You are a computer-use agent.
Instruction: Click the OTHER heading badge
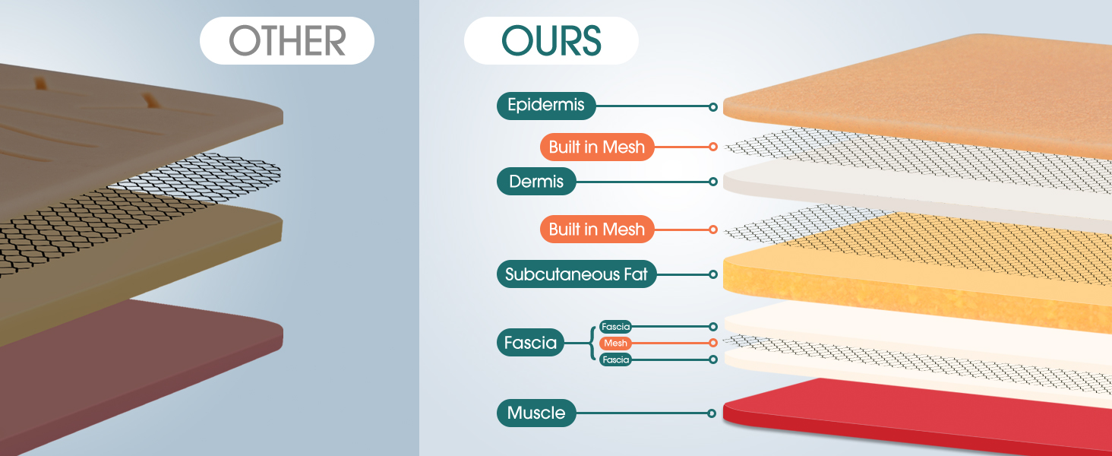[287, 40]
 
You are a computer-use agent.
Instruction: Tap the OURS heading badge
[551, 40]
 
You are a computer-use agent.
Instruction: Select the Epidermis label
[546, 106]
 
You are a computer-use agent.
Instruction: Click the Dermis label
[536, 182]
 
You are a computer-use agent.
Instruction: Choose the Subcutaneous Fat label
[577, 274]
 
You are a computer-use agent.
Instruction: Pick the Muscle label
[536, 413]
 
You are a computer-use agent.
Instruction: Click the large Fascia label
[530, 343]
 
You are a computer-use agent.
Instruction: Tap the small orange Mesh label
[615, 344]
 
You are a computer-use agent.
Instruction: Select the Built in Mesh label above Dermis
[596, 147]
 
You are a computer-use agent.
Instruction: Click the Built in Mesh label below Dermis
[596, 230]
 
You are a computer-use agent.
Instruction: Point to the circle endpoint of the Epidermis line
[712, 107]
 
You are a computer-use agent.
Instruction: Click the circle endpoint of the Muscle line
[712, 413]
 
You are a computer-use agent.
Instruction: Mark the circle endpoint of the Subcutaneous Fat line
[712, 274]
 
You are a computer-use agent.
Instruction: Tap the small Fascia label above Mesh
[615, 327]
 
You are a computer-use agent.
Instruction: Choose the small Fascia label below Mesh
[615, 359]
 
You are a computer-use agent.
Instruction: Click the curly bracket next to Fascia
[592, 343]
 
